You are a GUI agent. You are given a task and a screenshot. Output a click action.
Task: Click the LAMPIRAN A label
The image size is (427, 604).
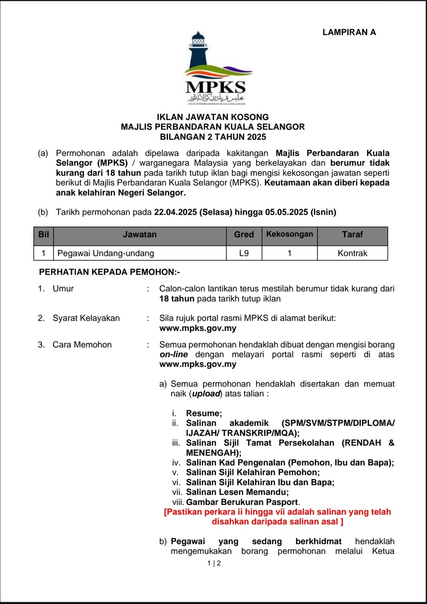[x=349, y=32]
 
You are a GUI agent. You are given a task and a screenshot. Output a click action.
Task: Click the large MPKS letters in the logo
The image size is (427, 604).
[x=216, y=87]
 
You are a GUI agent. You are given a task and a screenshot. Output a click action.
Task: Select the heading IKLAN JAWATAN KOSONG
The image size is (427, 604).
[x=213, y=117]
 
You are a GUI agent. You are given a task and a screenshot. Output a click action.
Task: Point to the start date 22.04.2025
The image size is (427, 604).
[x=175, y=212]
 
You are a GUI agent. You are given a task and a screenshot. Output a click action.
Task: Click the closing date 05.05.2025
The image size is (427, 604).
[x=286, y=212]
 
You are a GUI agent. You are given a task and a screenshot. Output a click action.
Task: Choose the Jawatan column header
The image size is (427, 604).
[x=139, y=235]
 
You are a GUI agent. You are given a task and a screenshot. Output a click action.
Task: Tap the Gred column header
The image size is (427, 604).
[x=244, y=235]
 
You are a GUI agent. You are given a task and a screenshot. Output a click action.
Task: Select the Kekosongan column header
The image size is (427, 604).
[x=290, y=234]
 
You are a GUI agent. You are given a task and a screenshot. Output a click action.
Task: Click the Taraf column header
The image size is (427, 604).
[x=352, y=235]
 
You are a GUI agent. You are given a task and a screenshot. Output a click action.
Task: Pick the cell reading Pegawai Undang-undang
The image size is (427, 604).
[x=106, y=253]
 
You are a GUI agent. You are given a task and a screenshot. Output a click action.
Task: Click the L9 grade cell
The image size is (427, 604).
[x=244, y=253]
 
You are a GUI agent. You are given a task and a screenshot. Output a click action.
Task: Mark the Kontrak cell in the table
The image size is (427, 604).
[x=352, y=253]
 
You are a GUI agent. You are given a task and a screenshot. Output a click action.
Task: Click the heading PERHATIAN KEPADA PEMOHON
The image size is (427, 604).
[x=109, y=272]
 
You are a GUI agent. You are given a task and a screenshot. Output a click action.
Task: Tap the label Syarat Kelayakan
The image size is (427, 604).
[x=86, y=318]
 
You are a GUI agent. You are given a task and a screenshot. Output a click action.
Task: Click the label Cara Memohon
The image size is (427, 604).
[x=82, y=345]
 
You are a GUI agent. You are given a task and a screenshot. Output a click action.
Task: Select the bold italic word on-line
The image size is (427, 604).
[x=174, y=354]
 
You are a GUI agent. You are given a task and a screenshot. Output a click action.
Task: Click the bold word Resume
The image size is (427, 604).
[x=204, y=413]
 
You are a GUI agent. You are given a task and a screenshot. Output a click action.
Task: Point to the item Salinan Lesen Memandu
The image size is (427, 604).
[x=237, y=492]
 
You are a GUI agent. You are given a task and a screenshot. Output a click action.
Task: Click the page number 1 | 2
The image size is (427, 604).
[x=214, y=563]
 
